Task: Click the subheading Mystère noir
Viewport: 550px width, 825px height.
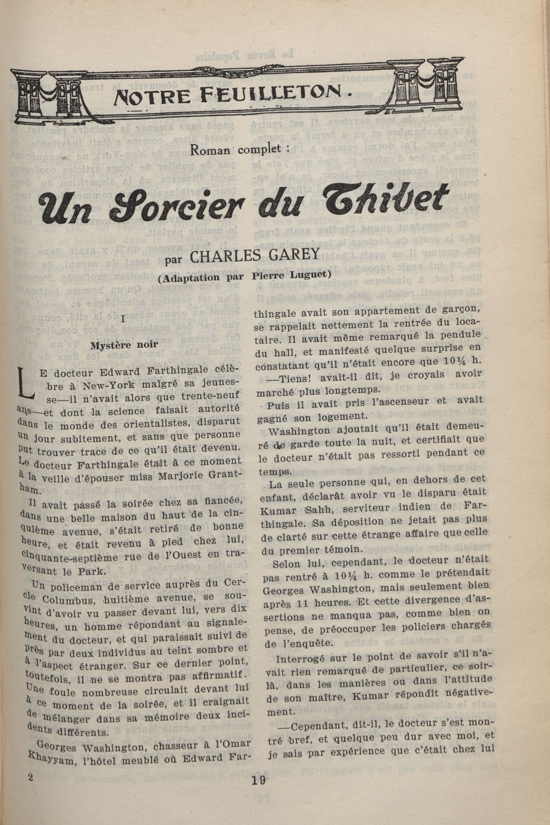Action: click(x=124, y=345)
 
